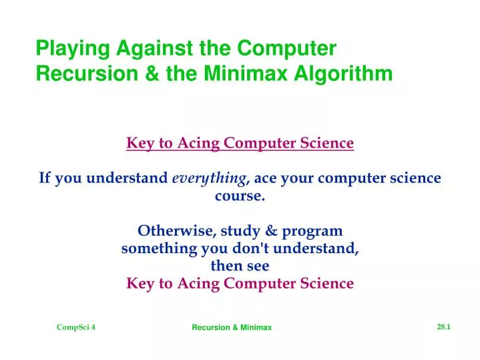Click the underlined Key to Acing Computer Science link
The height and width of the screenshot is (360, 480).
point(240,143)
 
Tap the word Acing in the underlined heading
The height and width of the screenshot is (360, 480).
point(199,143)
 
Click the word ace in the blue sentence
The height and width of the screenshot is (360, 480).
point(265,179)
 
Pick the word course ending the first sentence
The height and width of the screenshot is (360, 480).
point(238,196)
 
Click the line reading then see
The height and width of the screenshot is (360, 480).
point(240,266)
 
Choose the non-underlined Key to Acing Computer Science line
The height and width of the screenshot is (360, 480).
point(240,283)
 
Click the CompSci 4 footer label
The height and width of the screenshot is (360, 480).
point(76,327)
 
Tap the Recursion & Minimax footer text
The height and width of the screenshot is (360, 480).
point(232,327)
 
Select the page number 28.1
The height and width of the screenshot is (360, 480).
point(444,326)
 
